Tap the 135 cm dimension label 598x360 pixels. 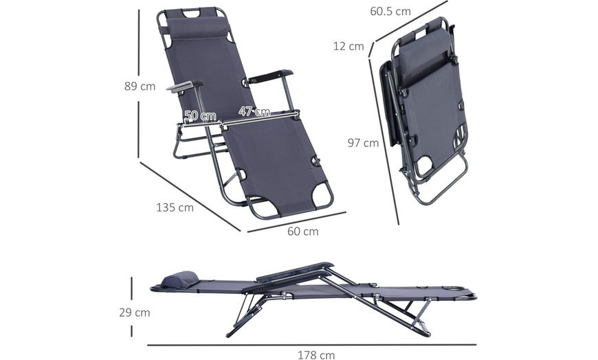pos(175,207)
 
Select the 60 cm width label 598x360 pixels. pos(302,232)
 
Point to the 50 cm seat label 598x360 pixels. pos(200,115)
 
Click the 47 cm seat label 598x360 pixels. pos(254,111)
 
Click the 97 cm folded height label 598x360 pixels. pos(363,143)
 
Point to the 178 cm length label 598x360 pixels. pos(316,355)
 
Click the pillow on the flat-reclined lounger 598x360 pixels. pos(179,280)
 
